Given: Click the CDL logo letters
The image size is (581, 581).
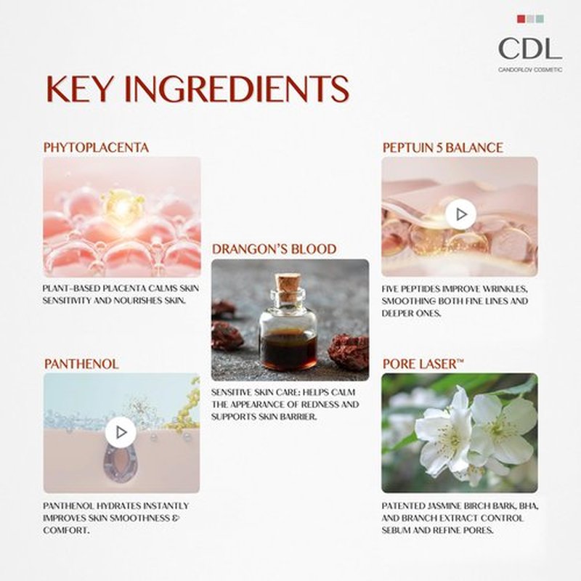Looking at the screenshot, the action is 530,49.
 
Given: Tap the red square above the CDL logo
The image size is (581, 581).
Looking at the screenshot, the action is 521,19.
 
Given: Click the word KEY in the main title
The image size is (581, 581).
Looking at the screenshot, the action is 79,89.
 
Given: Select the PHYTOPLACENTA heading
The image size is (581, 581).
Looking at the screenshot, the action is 96,147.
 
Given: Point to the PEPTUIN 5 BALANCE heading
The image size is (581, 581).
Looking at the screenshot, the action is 443,147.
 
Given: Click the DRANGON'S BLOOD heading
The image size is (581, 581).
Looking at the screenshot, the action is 275,249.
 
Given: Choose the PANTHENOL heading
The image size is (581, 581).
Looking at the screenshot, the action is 81,364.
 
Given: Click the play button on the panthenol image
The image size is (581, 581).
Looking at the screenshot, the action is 121,432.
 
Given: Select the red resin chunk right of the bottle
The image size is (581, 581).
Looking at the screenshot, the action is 349,352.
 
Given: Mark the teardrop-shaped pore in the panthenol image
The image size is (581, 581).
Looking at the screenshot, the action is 121,463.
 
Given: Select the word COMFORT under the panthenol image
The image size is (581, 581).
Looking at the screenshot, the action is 66,530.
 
